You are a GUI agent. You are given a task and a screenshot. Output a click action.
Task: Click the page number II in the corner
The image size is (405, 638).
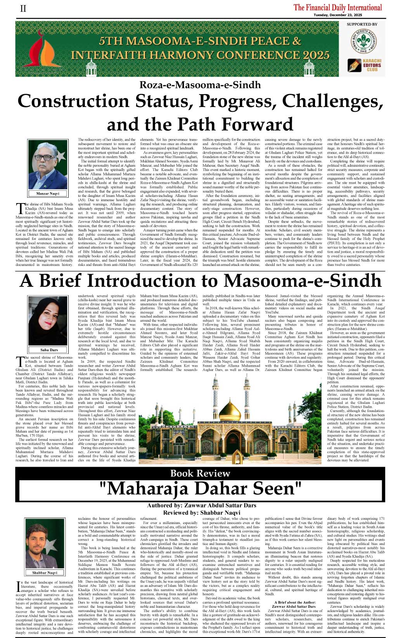pyautogui.click(x=23, y=9)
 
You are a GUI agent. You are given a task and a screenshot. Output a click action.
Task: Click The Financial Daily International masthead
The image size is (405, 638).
pyautogui.click(x=337, y=7)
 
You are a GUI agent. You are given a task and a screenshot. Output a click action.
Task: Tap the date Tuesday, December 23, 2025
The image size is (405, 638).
pyautogui.click(x=337, y=15)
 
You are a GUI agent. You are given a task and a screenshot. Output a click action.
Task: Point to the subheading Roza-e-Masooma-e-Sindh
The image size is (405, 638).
pyautogui.click(x=200, y=85)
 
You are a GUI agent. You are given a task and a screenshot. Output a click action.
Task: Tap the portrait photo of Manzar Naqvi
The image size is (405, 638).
pyautogui.click(x=48, y=165)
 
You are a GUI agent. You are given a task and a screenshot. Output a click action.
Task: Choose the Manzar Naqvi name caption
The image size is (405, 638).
pyautogui.click(x=48, y=193)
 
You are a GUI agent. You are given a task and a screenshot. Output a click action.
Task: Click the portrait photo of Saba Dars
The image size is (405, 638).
pyautogui.click(x=48, y=321)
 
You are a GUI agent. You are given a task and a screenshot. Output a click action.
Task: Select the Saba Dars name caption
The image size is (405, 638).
pyautogui.click(x=49, y=350)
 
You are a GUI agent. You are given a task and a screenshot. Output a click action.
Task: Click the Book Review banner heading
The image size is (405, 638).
pyautogui.click(x=200, y=473)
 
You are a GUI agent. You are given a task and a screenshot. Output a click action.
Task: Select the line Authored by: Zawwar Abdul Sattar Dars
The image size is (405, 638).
pyautogui.click(x=202, y=505)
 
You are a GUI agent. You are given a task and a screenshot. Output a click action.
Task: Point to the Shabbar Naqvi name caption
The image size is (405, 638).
pyautogui.click(x=45, y=572)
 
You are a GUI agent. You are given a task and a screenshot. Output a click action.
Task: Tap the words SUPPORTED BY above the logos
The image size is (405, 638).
pyautogui.click(x=362, y=24)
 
